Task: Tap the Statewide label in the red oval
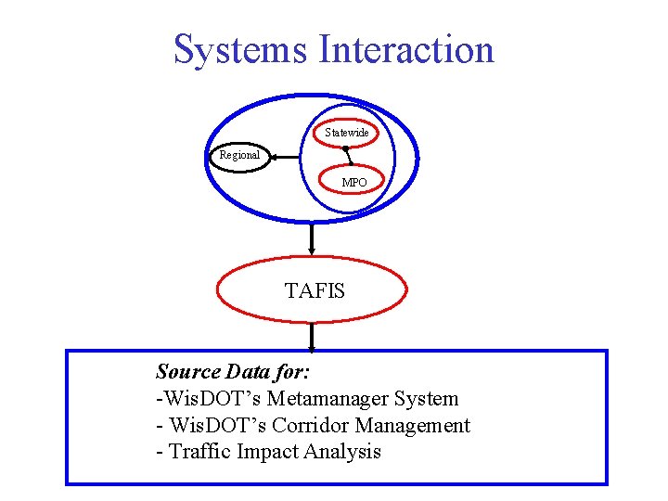click(x=346, y=133)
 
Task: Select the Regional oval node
click(x=239, y=155)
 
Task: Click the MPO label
click(x=353, y=183)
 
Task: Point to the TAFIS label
click(x=314, y=291)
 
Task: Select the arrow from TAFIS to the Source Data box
click(x=312, y=336)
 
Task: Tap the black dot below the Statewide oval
click(x=344, y=148)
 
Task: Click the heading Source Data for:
click(x=233, y=372)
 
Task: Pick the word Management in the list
click(x=418, y=426)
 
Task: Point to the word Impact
click(x=266, y=452)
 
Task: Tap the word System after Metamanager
click(x=426, y=399)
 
